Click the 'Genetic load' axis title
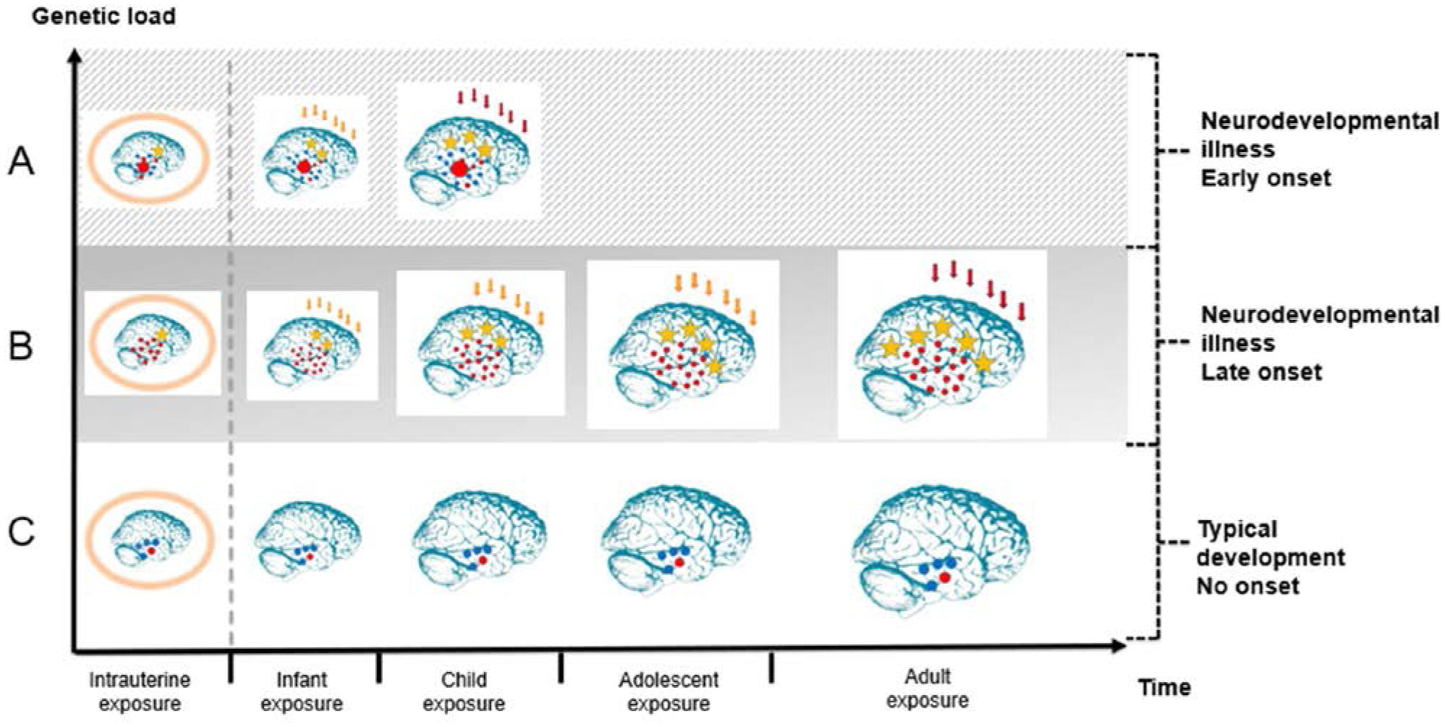pyautogui.click(x=103, y=16)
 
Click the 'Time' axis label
pyautogui.click(x=1164, y=687)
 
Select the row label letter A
pyautogui.click(x=21, y=161)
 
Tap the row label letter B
pyautogui.click(x=21, y=346)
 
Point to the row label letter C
pyautogui.click(x=21, y=532)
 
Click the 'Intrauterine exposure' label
pyautogui.click(x=140, y=692)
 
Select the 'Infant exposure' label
pyautogui.click(x=301, y=692)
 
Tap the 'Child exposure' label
pyautogui.click(x=464, y=692)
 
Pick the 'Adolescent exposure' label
pyautogui.click(x=669, y=692)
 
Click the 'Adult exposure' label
pyautogui.click(x=928, y=689)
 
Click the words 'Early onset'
pyautogui.click(x=1266, y=178)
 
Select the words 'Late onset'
pyautogui.click(x=1261, y=372)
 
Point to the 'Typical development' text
pyautogui.click(x=1270, y=543)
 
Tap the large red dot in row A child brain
pyautogui.click(x=459, y=169)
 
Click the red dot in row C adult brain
pyautogui.click(x=944, y=577)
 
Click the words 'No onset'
pyautogui.click(x=1247, y=586)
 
